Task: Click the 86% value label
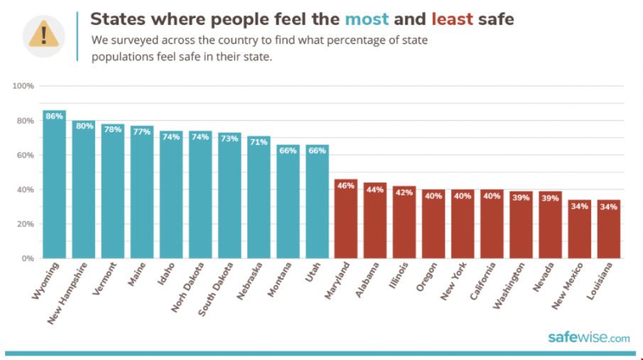point(54,116)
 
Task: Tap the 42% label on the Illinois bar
point(404,191)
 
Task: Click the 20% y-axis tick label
point(26,224)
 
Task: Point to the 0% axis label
point(28,258)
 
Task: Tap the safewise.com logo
point(588,338)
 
